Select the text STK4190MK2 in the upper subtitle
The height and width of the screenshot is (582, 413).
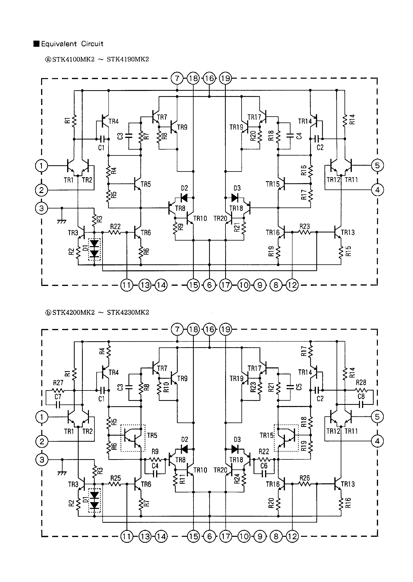click(x=128, y=59)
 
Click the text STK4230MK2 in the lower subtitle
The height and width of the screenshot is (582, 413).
click(x=128, y=313)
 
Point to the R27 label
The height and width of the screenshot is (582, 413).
click(x=58, y=383)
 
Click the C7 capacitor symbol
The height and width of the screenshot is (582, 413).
click(x=58, y=404)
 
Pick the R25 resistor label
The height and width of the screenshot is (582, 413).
click(x=115, y=478)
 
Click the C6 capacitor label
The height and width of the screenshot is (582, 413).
click(x=264, y=465)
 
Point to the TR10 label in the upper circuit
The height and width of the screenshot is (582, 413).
click(x=200, y=219)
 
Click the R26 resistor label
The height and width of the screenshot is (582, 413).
click(x=305, y=478)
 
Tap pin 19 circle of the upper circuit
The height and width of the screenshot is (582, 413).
click(x=226, y=78)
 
